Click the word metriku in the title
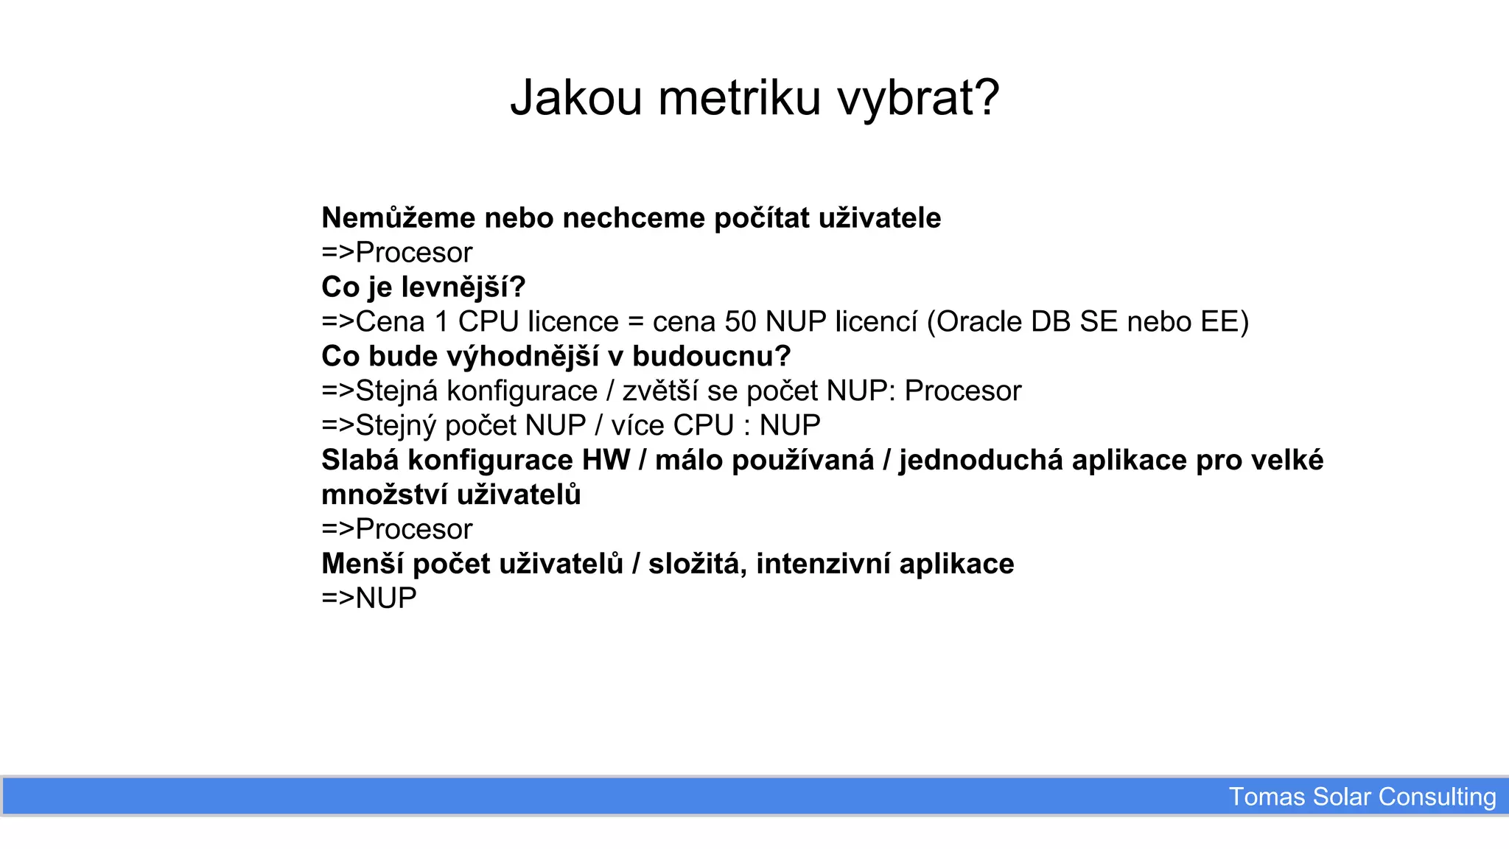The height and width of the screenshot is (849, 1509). (739, 97)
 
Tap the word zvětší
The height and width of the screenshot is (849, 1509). (660, 391)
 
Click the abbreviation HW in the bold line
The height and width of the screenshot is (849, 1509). (606, 461)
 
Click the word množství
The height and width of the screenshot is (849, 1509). (385, 495)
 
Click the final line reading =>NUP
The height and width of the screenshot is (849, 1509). (369, 598)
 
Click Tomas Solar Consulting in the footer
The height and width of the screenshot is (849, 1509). (1362, 797)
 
